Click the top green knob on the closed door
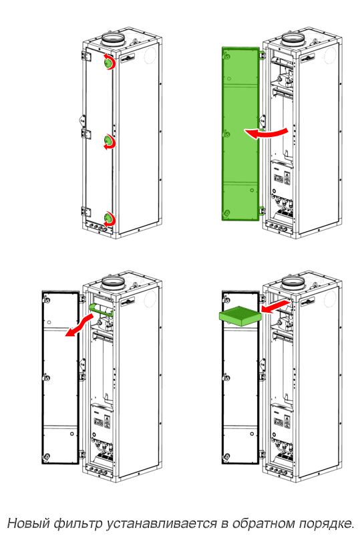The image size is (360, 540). click(108, 62)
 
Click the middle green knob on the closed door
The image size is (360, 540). click(108, 140)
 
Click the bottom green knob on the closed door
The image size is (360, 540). click(108, 217)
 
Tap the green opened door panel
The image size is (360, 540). click(240, 134)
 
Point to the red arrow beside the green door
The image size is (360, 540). click(266, 133)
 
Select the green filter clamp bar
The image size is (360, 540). click(101, 309)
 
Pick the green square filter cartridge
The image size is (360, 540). click(240, 317)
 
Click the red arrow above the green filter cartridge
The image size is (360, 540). click(276, 306)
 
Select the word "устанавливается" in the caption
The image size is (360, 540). click(162, 523)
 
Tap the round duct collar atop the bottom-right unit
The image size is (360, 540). click(293, 283)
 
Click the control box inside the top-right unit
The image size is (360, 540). click(282, 175)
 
